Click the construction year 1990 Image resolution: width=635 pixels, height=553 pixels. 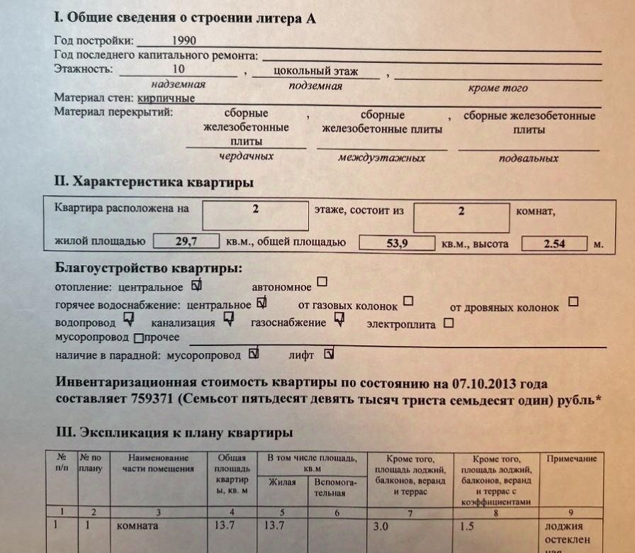pos(184,41)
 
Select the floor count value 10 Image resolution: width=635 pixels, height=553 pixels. pos(178,69)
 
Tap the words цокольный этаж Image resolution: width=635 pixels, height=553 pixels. pos(315,71)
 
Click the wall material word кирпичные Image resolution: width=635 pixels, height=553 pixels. pos(167,99)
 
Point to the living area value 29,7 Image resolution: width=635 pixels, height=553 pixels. pos(186,242)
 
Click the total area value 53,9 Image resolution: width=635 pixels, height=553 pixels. pos(396,243)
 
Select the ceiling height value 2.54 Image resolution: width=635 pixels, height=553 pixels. pos(554,244)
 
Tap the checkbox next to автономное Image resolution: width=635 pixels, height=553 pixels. pos(322,282)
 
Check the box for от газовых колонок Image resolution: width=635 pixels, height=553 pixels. pos(408,301)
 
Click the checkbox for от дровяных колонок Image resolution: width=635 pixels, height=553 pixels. pos(573,301)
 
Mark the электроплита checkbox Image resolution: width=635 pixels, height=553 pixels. pos(448,323)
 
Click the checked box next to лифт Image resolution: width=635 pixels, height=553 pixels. pos(329,352)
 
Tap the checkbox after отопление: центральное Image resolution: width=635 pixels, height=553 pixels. pos(197,286)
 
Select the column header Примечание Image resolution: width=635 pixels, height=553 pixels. pos(571,459)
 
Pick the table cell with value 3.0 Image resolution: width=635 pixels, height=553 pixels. pos(381,527)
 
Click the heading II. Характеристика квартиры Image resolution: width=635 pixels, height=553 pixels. pos(154,183)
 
